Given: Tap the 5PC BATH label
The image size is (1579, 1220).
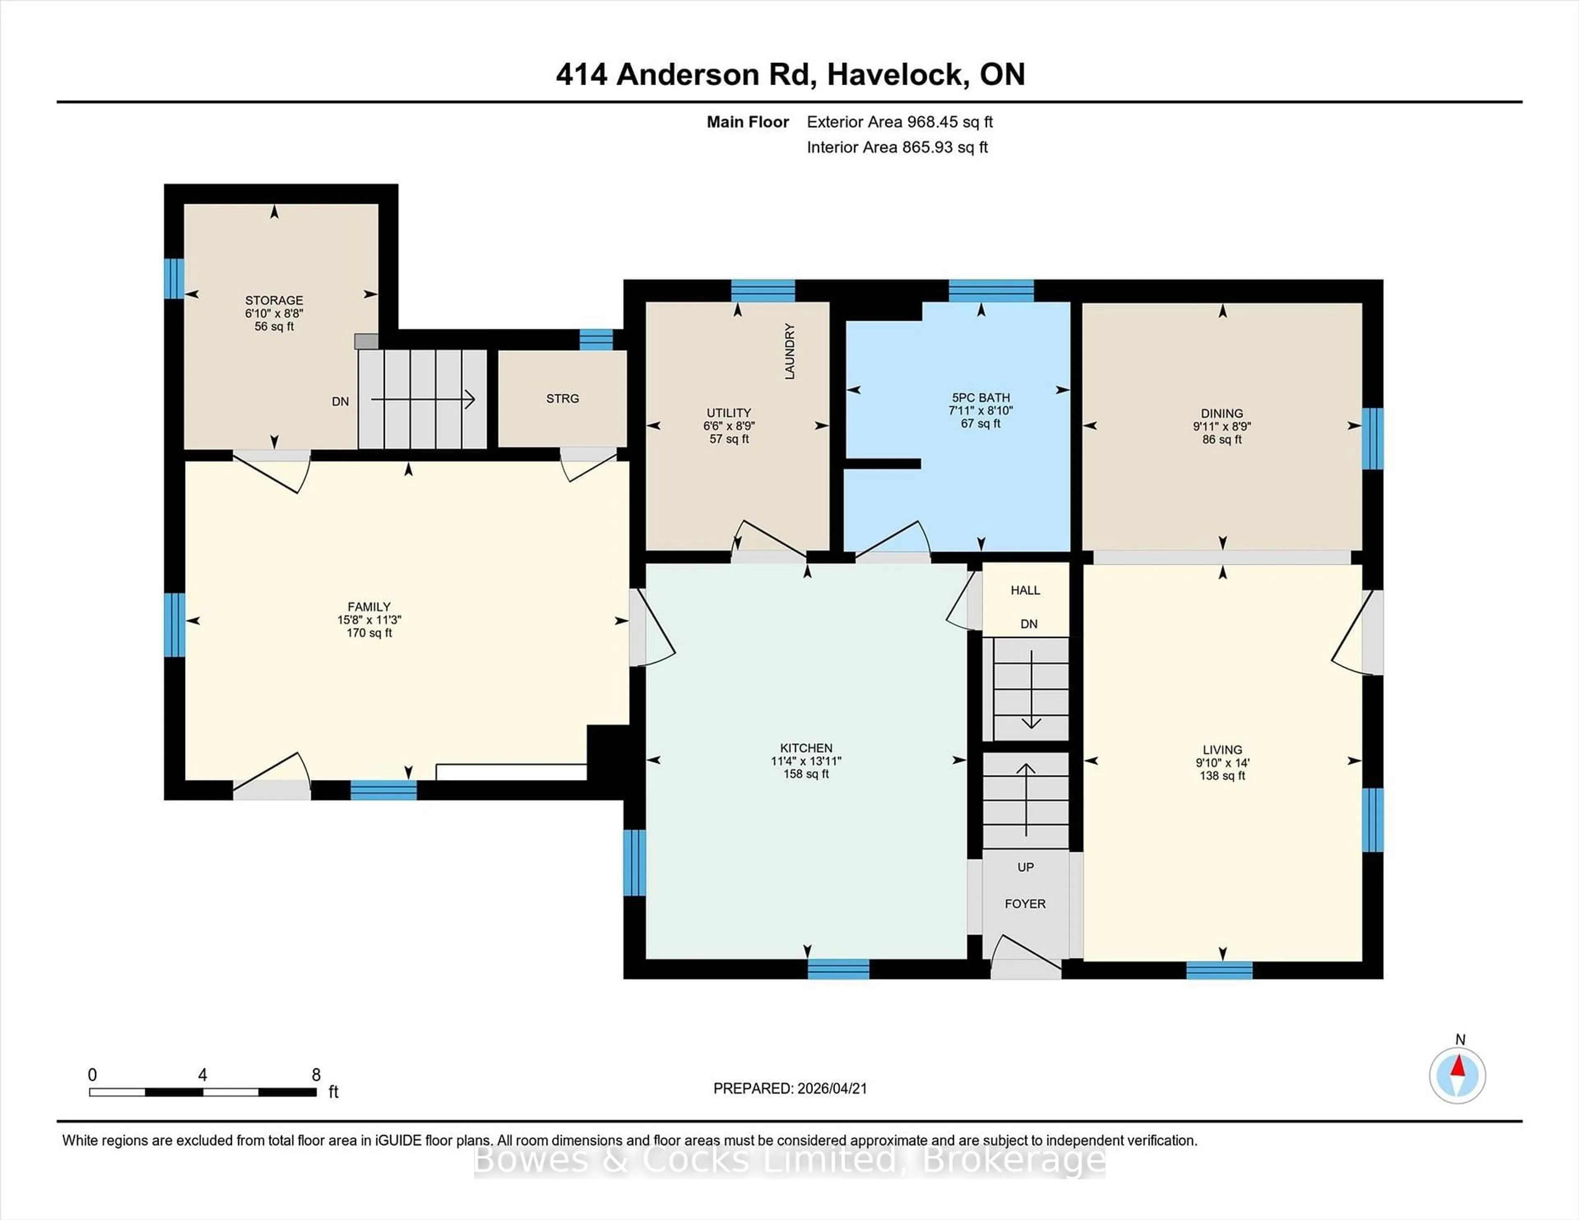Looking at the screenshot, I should tap(981, 397).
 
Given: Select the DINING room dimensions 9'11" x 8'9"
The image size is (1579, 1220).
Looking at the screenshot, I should tap(1222, 426).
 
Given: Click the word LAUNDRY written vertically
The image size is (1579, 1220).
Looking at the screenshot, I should tap(789, 351).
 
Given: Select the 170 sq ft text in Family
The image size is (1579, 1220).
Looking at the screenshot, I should tap(369, 633).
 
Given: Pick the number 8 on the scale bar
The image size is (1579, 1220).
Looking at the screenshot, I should tap(316, 1075).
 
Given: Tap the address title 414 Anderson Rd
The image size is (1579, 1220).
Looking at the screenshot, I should tap(686, 74).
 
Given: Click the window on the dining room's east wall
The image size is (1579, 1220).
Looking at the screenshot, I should tap(1372, 439).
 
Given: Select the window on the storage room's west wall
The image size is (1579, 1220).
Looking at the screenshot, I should tap(174, 278).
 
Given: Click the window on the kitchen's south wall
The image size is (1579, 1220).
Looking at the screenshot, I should tap(838, 968).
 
